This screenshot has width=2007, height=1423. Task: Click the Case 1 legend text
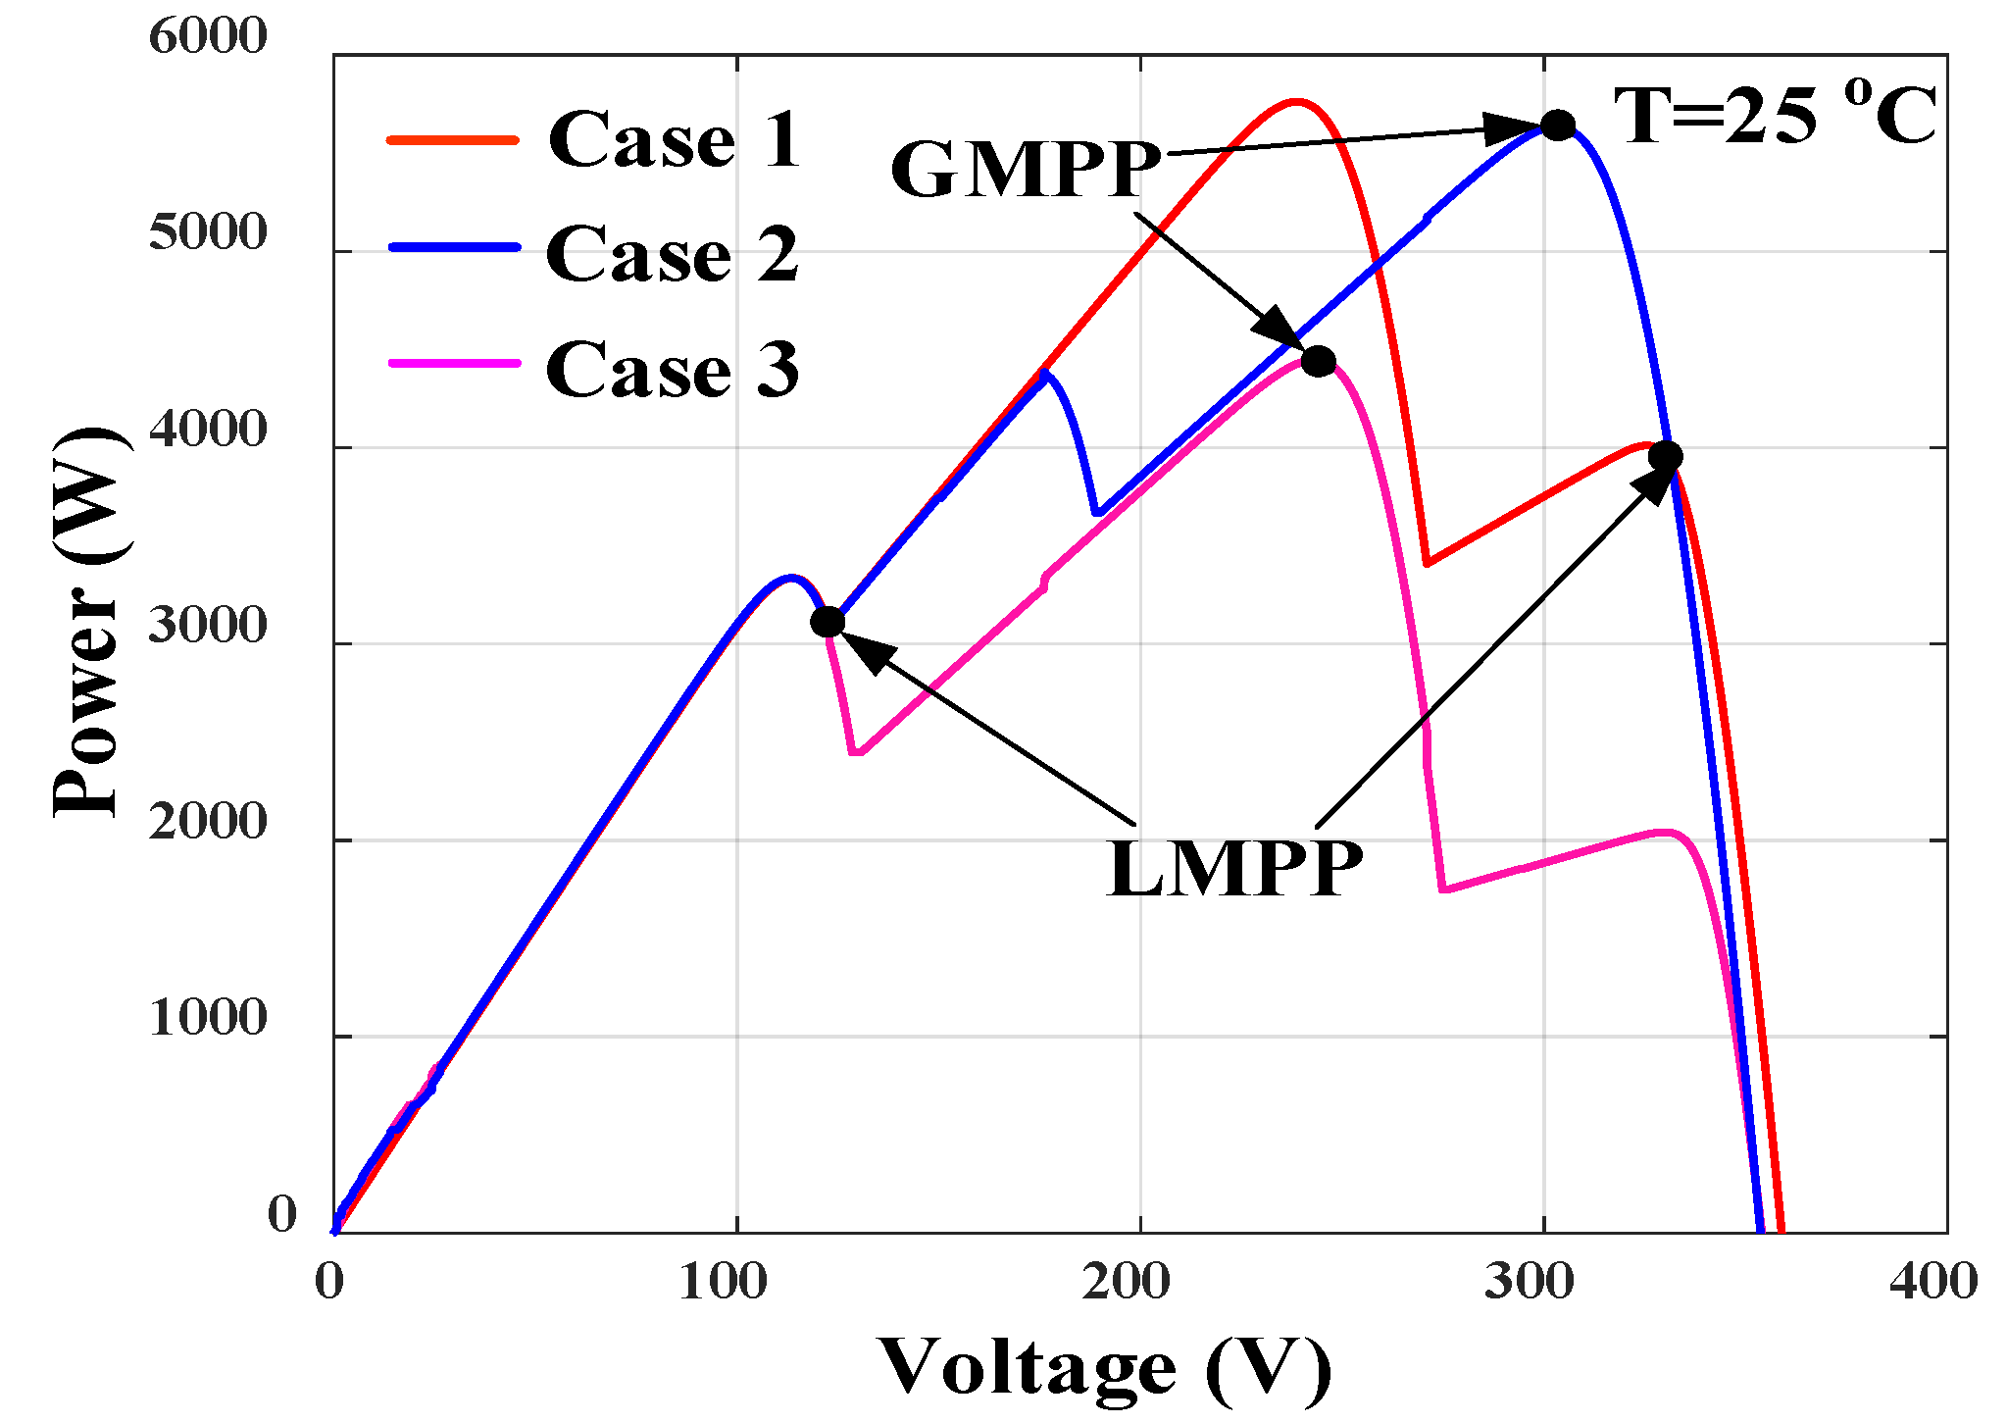[675, 140]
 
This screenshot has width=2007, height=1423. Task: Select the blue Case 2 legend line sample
[453, 248]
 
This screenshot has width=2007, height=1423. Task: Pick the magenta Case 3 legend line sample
[453, 364]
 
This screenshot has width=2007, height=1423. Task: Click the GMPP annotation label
[1026, 170]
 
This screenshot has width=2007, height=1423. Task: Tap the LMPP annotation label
[1234, 869]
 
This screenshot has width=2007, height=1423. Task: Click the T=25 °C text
[1775, 116]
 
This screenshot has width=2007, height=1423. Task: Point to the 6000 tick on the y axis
[208, 37]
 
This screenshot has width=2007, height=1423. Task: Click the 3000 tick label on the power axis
[208, 626]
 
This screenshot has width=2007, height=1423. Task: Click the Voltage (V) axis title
[1105, 1367]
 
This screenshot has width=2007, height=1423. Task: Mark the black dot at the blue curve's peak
[1558, 126]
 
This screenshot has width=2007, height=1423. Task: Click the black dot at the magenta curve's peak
[1319, 362]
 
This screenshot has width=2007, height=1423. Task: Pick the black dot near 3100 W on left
[828, 622]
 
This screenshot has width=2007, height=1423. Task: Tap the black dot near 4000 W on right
[1665, 456]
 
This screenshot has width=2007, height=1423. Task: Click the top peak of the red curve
[1295, 101]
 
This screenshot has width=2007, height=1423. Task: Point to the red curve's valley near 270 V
[1428, 563]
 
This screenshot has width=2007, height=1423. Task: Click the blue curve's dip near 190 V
[1098, 513]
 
